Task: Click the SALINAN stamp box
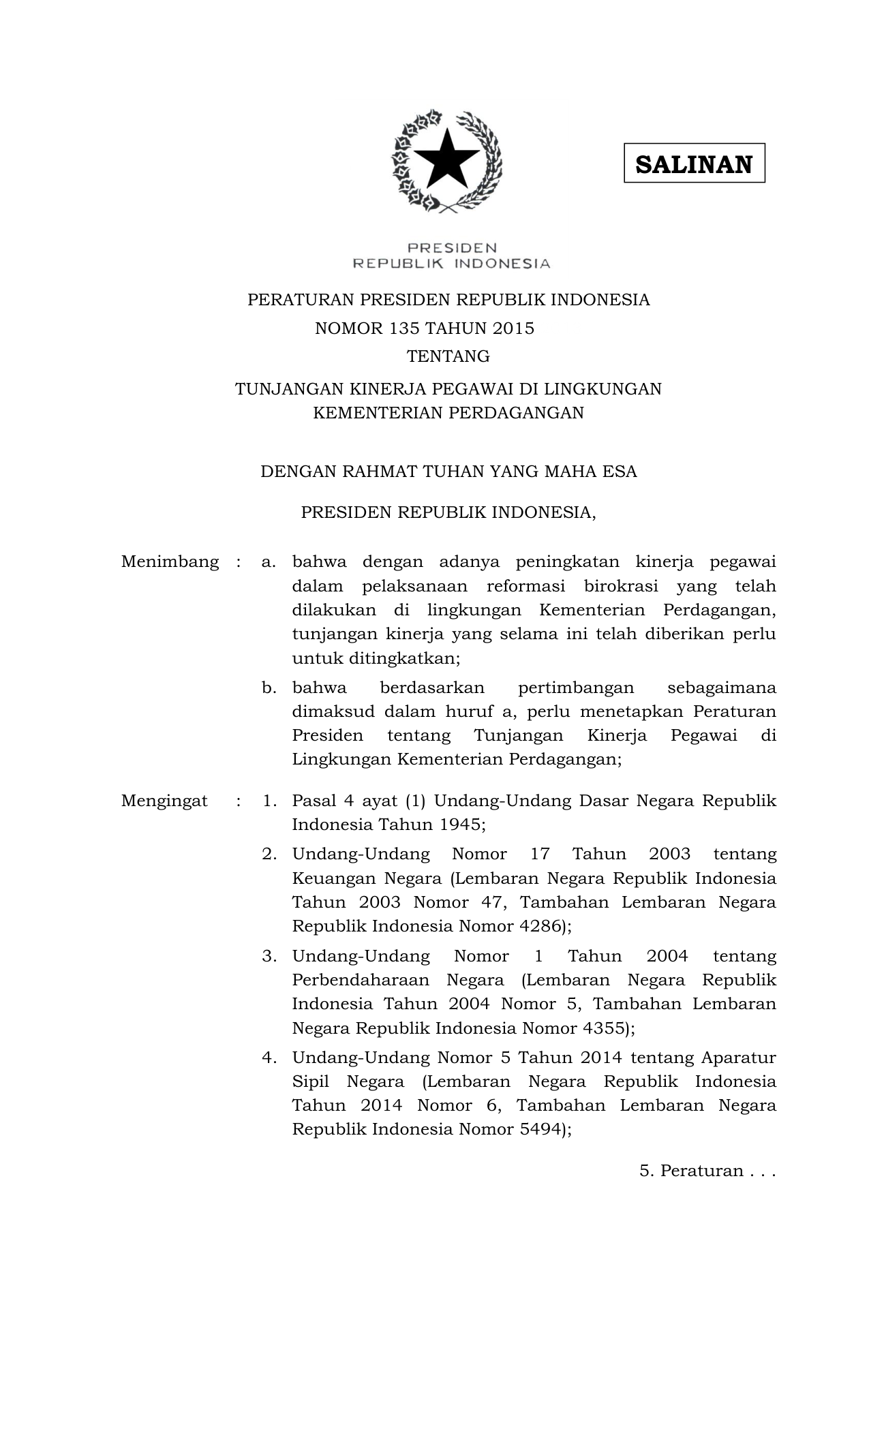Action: [x=694, y=164]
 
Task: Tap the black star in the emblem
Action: [x=447, y=161]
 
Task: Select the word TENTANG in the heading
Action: [x=448, y=356]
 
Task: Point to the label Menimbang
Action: [x=170, y=562]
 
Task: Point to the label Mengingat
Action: [x=164, y=801]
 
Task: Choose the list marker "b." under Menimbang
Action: [x=269, y=688]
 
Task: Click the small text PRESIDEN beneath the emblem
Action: [x=452, y=248]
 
